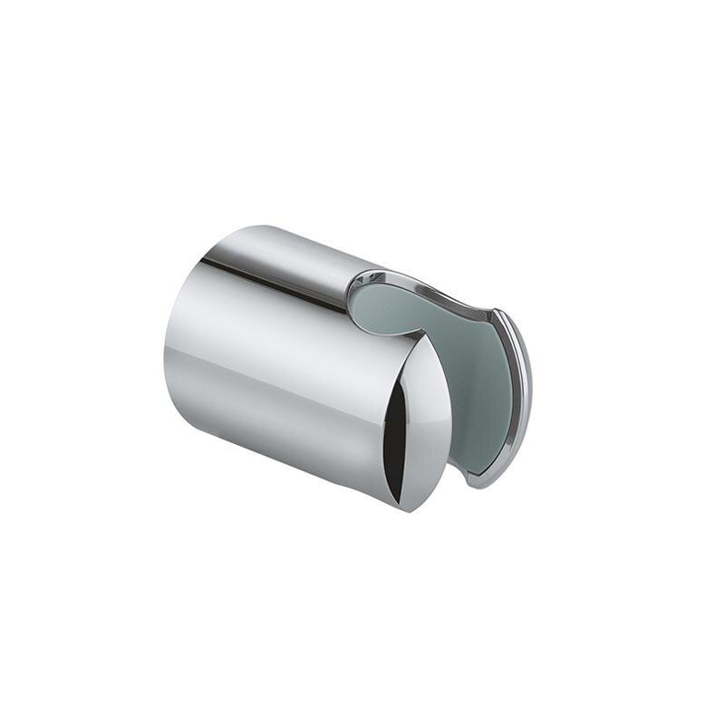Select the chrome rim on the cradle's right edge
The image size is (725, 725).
pyautogui.click(x=518, y=390)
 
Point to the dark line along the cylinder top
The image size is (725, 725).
pyautogui.click(x=272, y=281)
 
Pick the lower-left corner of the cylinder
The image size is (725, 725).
pyautogui.click(x=181, y=408)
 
